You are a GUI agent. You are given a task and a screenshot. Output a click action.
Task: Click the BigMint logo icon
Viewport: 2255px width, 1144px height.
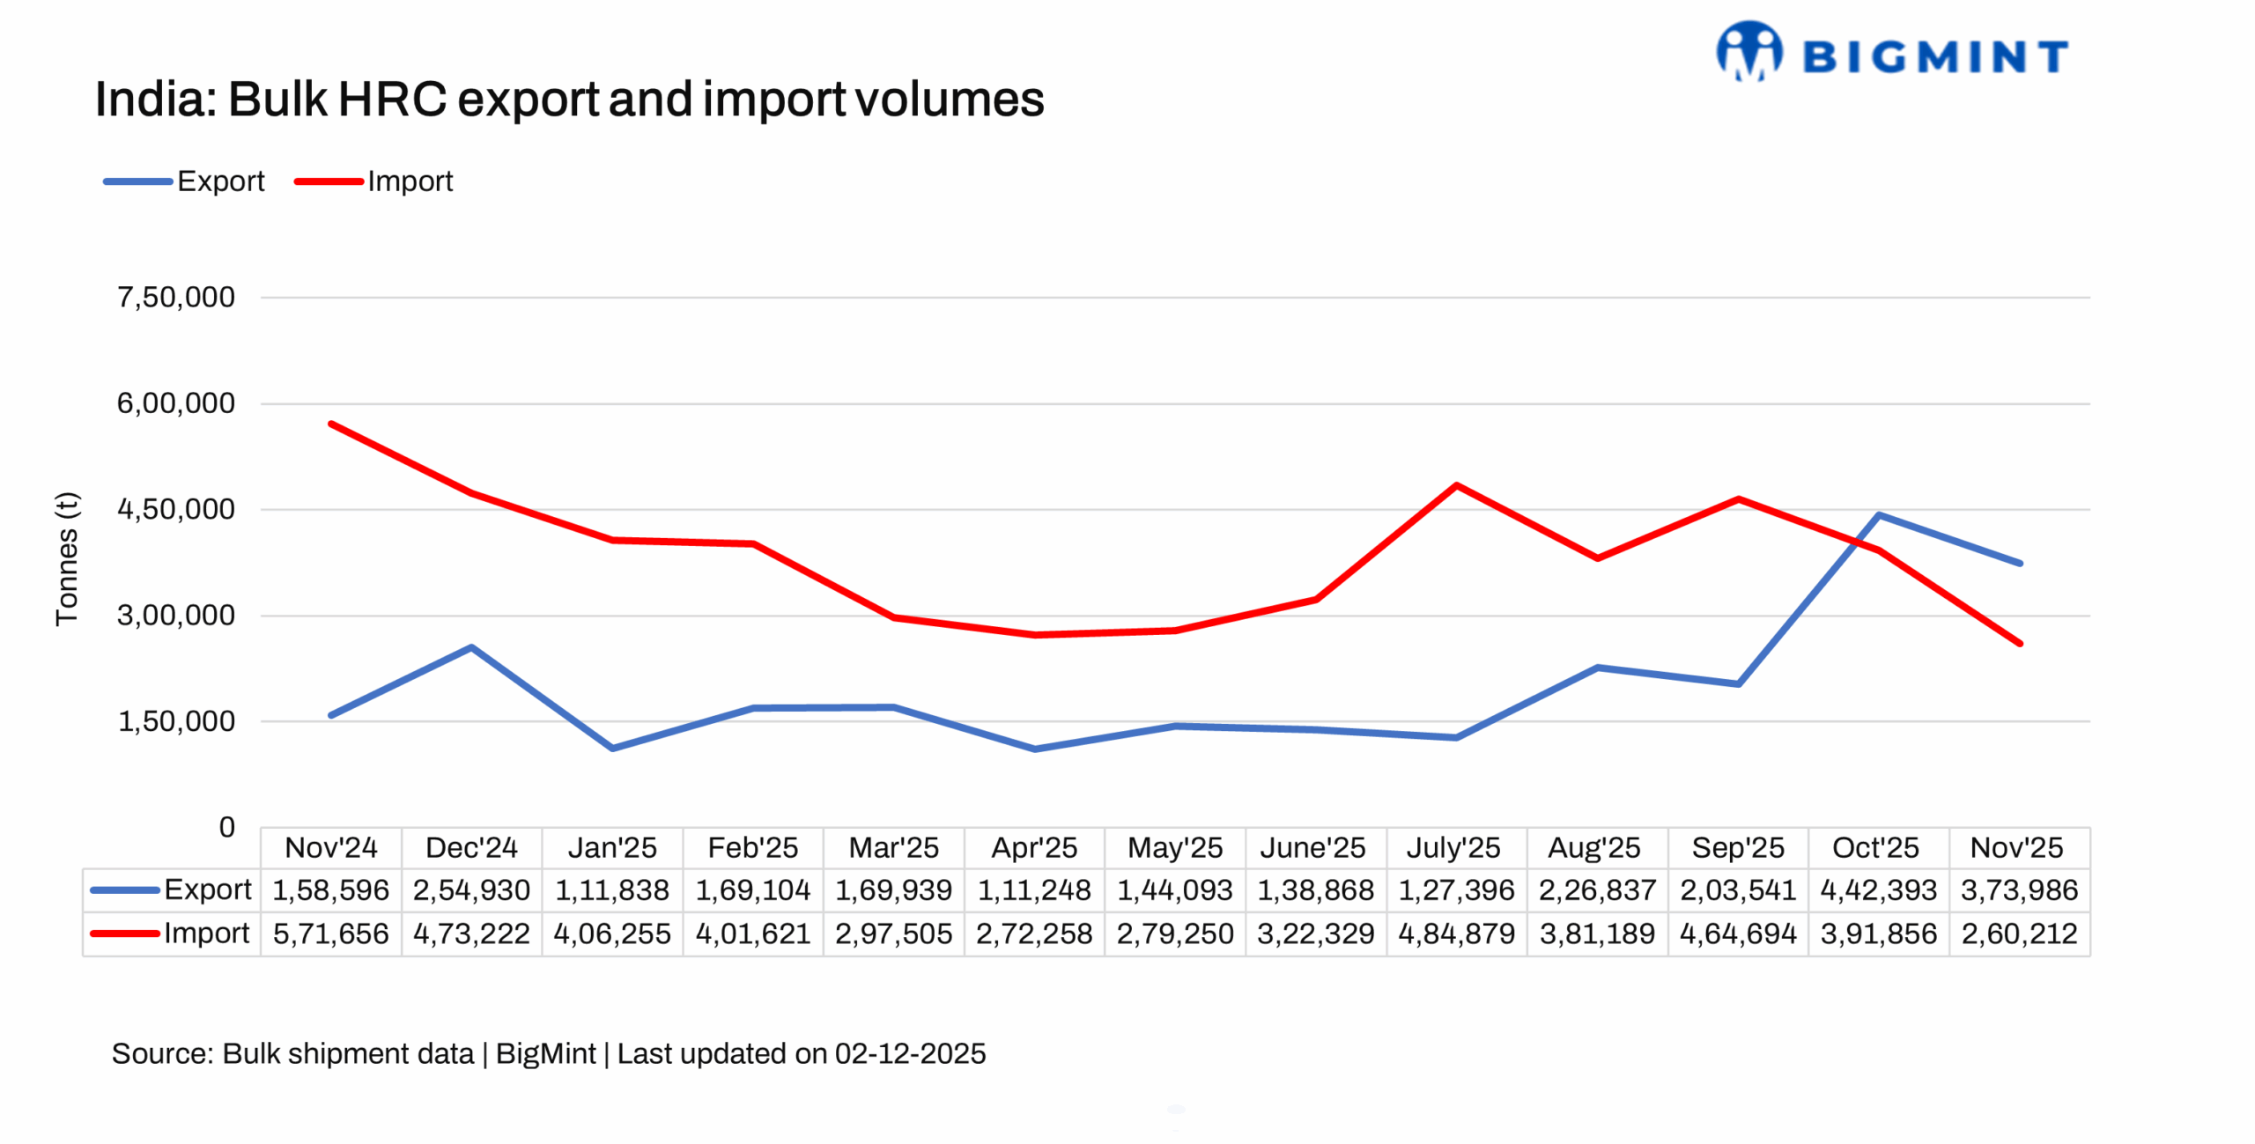1748,51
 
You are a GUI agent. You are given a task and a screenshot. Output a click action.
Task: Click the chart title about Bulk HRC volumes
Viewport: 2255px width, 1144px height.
569,99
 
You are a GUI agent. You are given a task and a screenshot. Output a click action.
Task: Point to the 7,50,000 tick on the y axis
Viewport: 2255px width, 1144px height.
176,298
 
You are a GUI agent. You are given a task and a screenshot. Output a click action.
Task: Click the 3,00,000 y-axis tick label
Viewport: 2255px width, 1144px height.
176,616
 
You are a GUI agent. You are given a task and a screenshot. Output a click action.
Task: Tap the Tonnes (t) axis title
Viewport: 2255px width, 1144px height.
67,558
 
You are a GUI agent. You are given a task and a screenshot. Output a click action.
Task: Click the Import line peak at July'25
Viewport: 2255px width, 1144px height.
1456,485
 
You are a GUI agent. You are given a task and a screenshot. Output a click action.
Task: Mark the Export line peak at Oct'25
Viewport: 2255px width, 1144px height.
1879,515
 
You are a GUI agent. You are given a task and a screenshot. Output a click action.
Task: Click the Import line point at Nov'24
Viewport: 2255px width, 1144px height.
330,424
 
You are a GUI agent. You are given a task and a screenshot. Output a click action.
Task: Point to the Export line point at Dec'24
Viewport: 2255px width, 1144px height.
471,647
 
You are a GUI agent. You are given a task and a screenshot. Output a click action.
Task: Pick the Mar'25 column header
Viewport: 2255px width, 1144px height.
893,847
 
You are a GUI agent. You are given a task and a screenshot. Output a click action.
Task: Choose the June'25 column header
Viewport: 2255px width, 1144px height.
1312,847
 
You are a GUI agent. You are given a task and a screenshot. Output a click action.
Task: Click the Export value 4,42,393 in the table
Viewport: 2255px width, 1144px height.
1878,890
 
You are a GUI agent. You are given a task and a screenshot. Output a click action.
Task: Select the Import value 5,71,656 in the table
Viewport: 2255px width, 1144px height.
330,934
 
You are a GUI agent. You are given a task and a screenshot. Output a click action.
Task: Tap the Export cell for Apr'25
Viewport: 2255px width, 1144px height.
1034,890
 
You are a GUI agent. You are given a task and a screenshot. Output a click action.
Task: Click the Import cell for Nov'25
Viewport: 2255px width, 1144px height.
2019,934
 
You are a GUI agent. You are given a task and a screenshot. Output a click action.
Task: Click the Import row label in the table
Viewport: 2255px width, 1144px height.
206,933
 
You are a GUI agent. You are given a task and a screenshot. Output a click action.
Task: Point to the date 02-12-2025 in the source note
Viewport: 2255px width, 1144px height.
910,1053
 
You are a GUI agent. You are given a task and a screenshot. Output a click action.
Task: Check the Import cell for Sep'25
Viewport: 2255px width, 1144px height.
1737,934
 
